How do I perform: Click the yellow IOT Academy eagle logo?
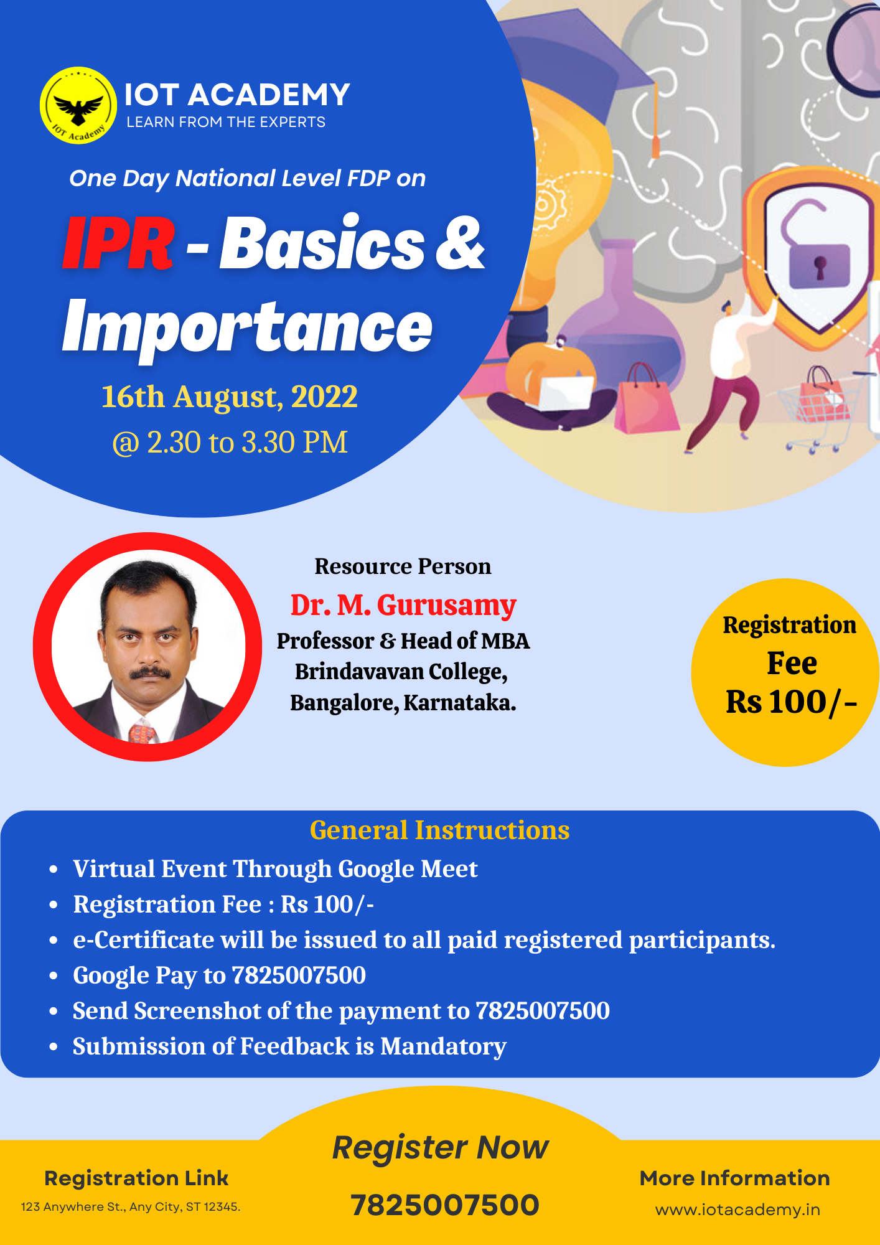pyautogui.click(x=78, y=105)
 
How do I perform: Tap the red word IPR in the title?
pyautogui.click(x=118, y=243)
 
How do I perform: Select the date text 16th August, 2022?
pyautogui.click(x=230, y=397)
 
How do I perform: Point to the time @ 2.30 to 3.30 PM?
pyautogui.click(x=230, y=443)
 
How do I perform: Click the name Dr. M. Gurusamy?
pyautogui.click(x=403, y=605)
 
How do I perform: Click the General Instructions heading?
pyautogui.click(x=440, y=830)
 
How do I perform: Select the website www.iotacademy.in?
pyautogui.click(x=737, y=1210)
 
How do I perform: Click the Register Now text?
pyautogui.click(x=441, y=1147)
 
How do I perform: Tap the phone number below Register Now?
pyautogui.click(x=444, y=1205)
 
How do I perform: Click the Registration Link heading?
pyautogui.click(x=136, y=1178)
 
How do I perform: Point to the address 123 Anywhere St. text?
pyautogui.click(x=131, y=1207)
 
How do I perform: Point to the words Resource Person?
pyautogui.click(x=403, y=566)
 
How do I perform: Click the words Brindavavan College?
pyautogui.click(x=401, y=672)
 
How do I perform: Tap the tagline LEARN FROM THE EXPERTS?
pyautogui.click(x=226, y=122)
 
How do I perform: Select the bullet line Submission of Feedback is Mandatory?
pyautogui.click(x=290, y=1046)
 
